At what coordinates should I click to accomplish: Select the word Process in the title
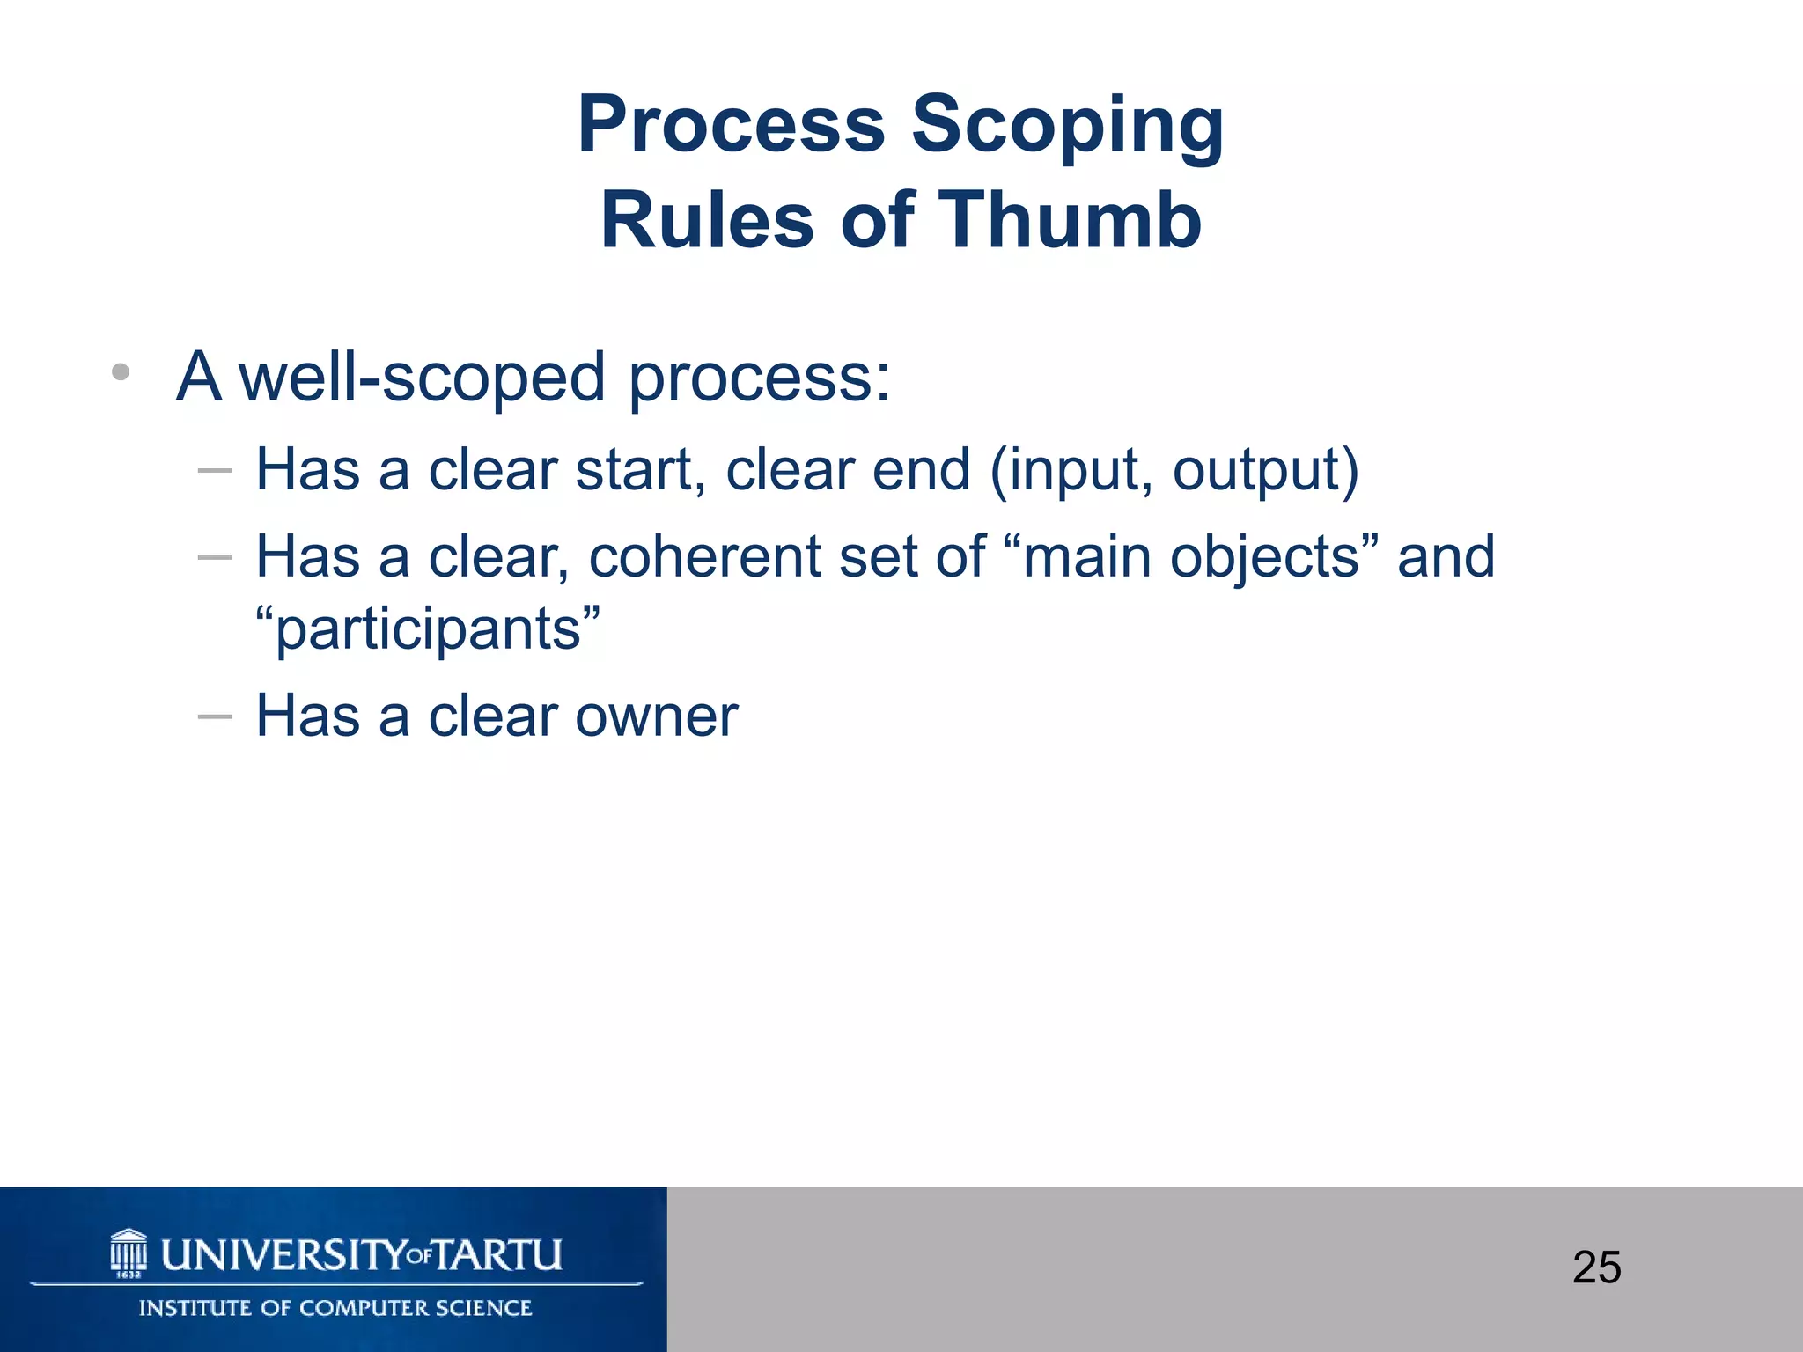point(731,124)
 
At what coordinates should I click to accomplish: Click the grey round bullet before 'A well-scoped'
point(121,372)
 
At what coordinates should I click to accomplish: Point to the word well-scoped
point(422,378)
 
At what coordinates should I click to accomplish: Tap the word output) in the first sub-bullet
point(1265,471)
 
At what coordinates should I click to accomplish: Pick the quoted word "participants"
point(428,629)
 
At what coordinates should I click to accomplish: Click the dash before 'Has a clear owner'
point(215,716)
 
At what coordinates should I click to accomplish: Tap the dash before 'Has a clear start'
point(215,471)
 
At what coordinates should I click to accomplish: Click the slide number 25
point(1596,1267)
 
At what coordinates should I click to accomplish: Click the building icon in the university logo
point(129,1253)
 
